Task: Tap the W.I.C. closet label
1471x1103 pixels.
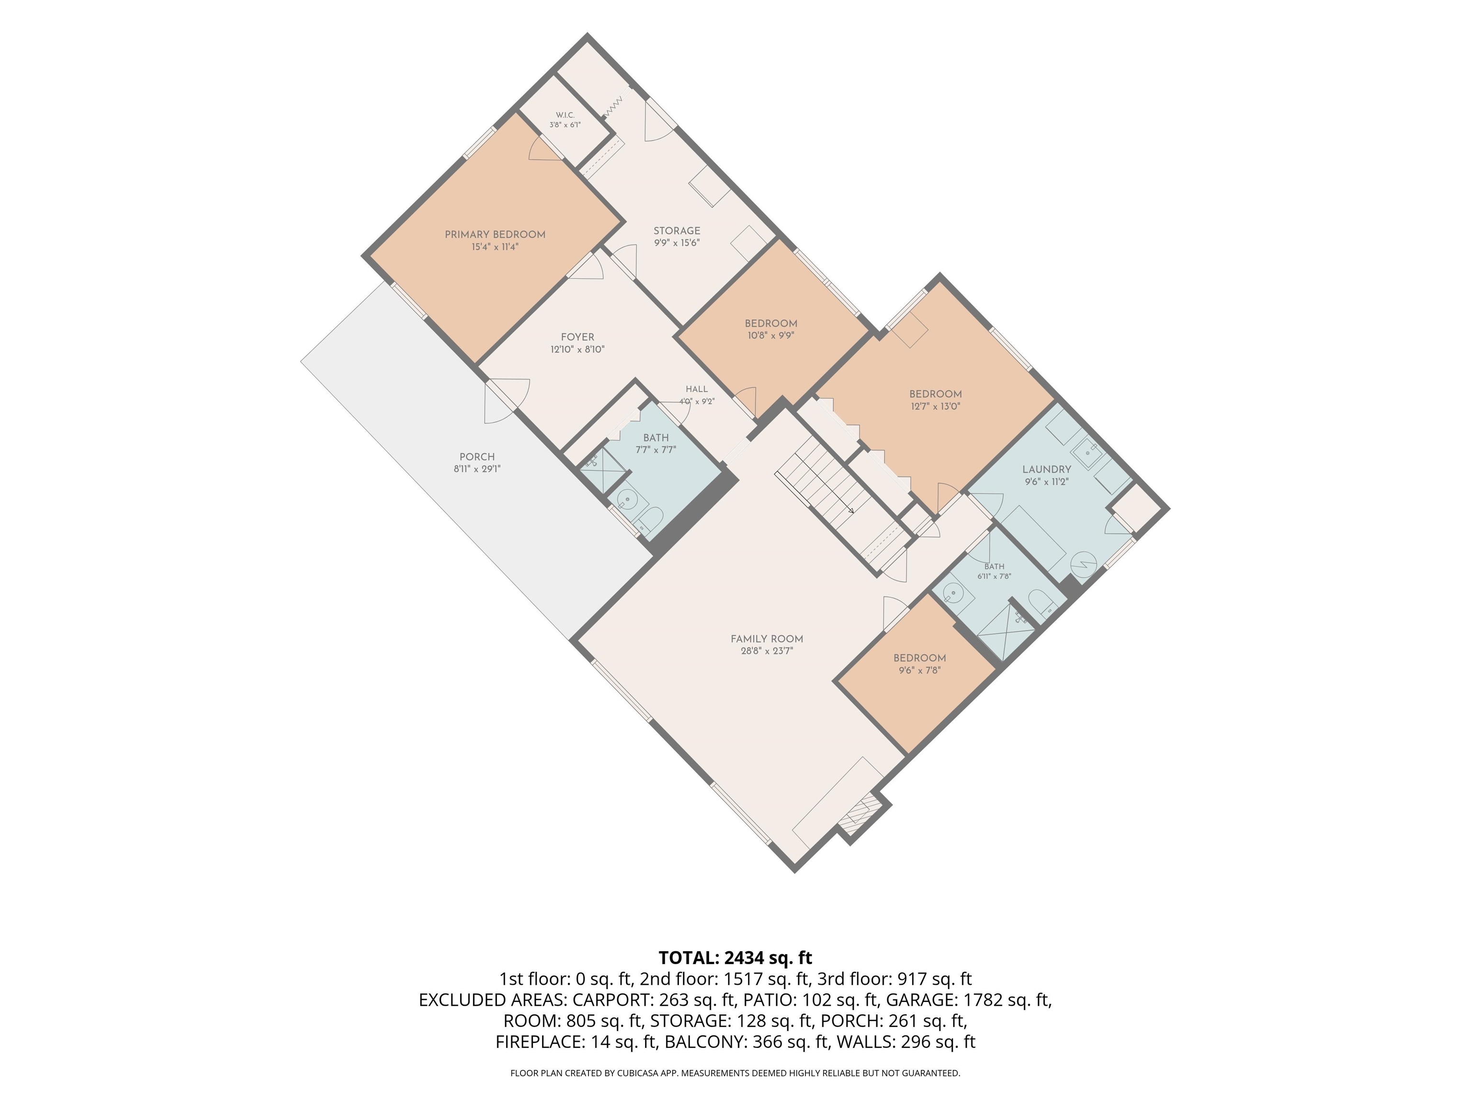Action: click(x=565, y=115)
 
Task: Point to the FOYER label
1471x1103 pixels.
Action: click(x=577, y=337)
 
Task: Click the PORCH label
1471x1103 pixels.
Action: click(x=477, y=457)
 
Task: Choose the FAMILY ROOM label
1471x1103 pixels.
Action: click(x=767, y=639)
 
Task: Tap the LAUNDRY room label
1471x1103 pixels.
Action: click(x=1047, y=469)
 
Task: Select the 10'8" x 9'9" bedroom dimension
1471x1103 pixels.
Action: click(x=771, y=336)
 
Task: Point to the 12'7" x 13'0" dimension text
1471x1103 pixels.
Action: click(x=936, y=406)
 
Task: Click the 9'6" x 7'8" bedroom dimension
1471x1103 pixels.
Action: click(x=920, y=671)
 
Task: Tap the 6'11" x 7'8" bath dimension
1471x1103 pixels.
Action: click(x=994, y=576)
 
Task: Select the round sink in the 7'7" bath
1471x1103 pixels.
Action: click(x=627, y=499)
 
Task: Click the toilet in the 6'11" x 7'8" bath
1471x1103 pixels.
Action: click(x=1040, y=604)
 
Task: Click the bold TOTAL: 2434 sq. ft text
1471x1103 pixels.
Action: click(x=735, y=958)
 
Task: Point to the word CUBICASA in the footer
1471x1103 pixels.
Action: click(x=640, y=1073)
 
